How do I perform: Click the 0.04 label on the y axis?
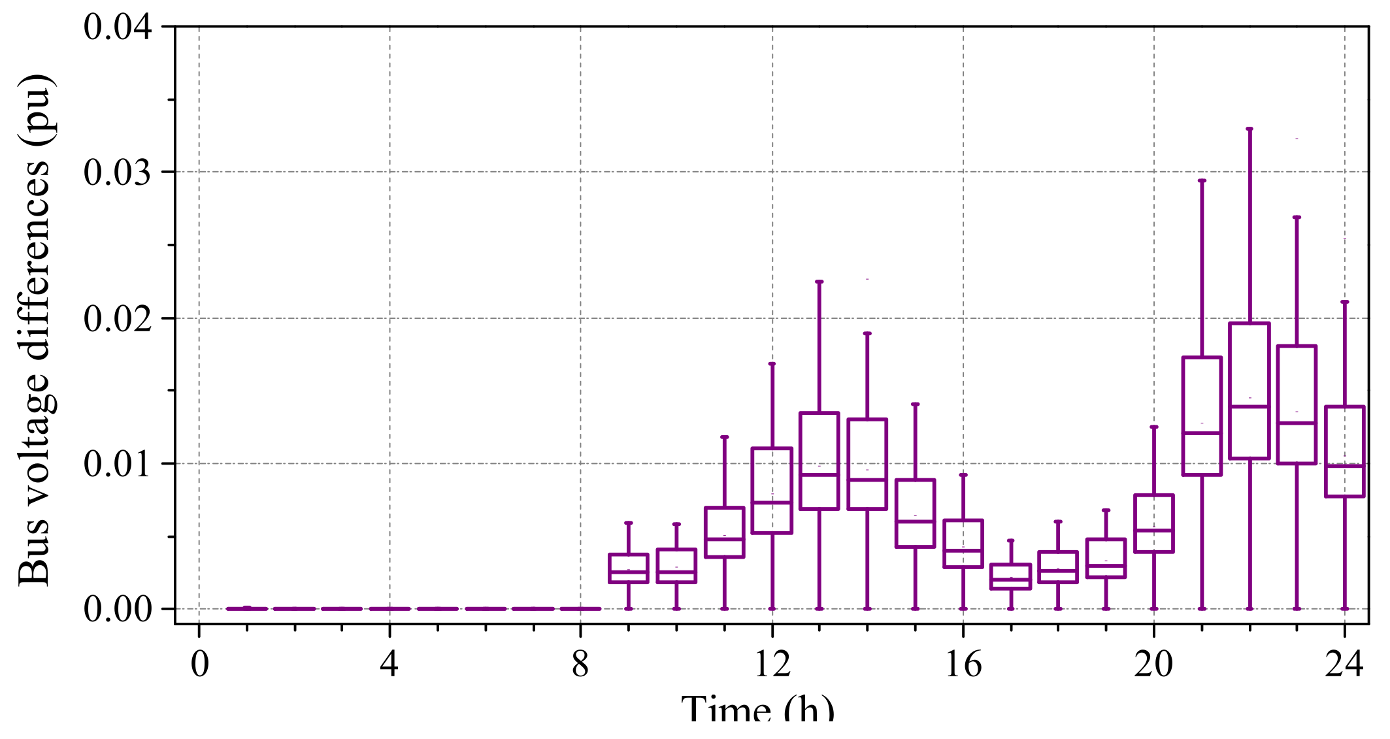pos(118,28)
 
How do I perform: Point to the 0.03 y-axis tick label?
pos(118,173)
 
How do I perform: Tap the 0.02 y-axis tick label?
pos(118,319)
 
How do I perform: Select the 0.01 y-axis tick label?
pos(118,465)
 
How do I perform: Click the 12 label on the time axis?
pos(772,665)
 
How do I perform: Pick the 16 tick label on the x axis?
pos(963,665)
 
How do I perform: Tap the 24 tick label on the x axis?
pos(1344,665)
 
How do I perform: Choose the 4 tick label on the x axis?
pos(389,665)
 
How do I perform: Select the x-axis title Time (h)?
pos(758,709)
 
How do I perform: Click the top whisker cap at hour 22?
pos(1249,129)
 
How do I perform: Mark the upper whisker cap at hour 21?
pos(1202,180)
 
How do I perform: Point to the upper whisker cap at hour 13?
pos(819,282)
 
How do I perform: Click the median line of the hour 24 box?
pos(1345,466)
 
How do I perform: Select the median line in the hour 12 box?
pos(772,502)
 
